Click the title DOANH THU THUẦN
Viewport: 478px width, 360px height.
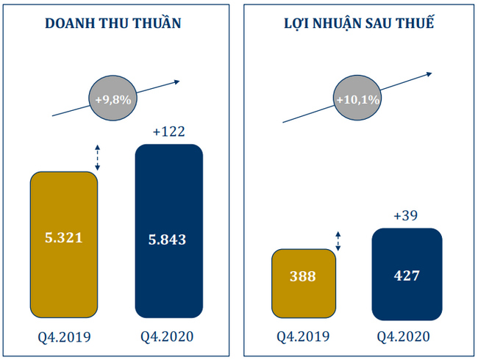pos(113,23)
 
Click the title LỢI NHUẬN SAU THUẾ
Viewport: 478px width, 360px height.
pos(358,23)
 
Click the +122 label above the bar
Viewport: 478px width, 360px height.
pos(168,132)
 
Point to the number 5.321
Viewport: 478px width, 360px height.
pos(64,238)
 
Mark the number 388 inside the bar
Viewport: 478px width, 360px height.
pos(303,277)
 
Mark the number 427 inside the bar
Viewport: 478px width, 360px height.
pos(407,277)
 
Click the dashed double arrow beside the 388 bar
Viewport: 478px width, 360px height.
pos(338,240)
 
